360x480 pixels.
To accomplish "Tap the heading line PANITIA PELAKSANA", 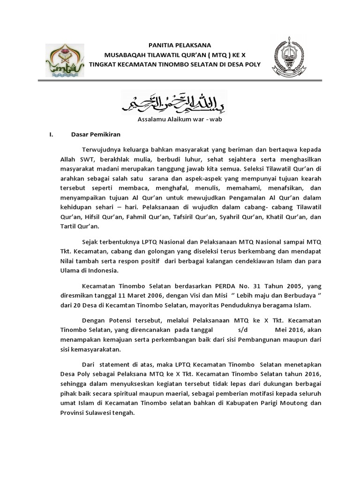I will pyautogui.click(x=180, y=45).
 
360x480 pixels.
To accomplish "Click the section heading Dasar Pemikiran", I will pyautogui.click(x=96, y=135).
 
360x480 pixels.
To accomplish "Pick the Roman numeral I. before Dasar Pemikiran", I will pyautogui.click(x=51, y=135).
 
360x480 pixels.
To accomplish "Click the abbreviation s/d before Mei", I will pyautogui.click(x=238, y=330).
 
